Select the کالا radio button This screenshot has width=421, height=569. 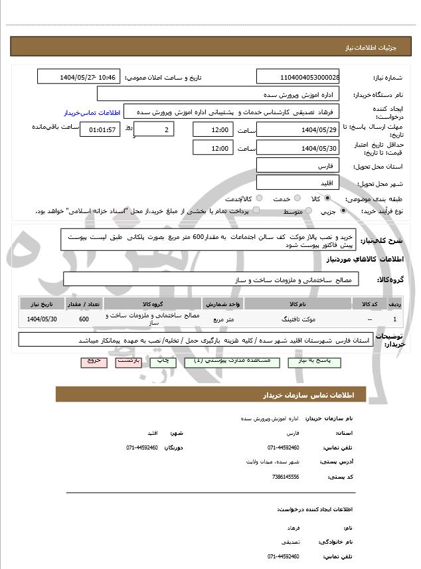click(327, 199)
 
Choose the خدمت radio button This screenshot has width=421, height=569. click(296, 199)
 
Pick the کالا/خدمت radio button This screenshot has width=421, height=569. click(258, 199)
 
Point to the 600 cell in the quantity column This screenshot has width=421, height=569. click(84, 319)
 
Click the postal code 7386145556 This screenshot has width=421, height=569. click(286, 476)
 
